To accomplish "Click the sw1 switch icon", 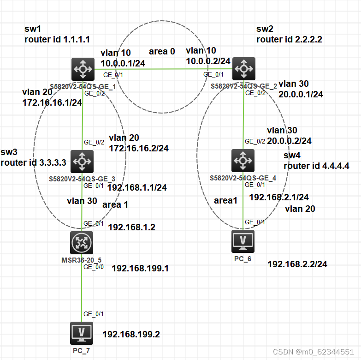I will click(x=83, y=69).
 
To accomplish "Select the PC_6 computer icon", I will click(x=243, y=241).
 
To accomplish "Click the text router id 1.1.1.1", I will click(x=57, y=40).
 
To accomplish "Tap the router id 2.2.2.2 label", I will click(x=289, y=40).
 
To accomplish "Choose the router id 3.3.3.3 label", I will click(x=34, y=162).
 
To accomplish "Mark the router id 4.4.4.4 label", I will click(x=316, y=166).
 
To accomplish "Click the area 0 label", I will click(x=162, y=52).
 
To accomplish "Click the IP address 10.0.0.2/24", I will click(x=208, y=60).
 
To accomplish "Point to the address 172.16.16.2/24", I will click(x=139, y=148).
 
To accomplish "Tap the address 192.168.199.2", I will click(x=131, y=334).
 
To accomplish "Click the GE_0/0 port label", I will click(x=91, y=267).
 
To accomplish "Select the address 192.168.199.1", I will click(x=141, y=268).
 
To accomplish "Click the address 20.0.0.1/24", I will click(x=301, y=94).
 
